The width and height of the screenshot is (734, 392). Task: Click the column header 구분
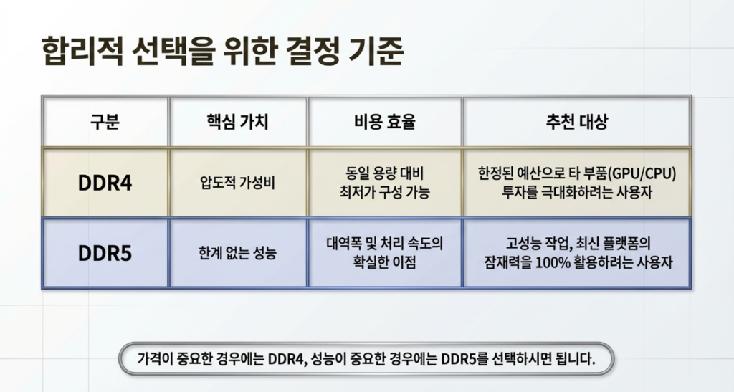coord(105,122)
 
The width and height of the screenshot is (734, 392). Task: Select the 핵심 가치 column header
coord(238,122)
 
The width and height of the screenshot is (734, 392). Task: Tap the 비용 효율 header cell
coord(385,122)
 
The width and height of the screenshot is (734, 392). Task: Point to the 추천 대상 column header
coord(577,122)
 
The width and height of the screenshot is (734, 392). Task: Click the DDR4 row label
coord(105,183)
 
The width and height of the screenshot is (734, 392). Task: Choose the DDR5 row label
coord(105,253)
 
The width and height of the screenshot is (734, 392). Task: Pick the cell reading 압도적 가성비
coord(238,183)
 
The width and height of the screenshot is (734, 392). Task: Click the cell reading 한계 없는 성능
coord(238,253)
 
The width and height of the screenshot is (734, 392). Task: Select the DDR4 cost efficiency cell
coord(385,183)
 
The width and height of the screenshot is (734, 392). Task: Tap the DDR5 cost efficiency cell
coord(385,252)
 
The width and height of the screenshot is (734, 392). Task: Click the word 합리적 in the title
coord(82,51)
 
